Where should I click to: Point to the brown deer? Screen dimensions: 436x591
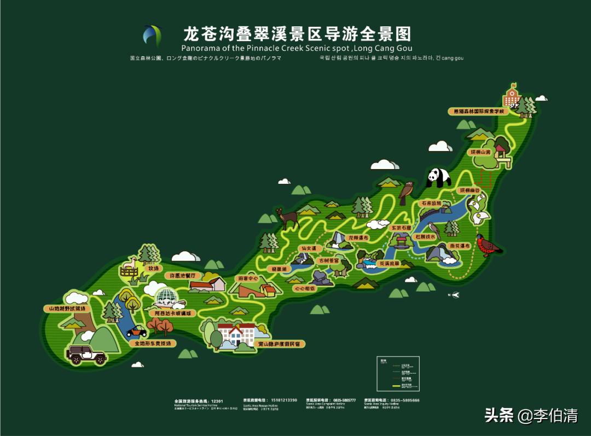[x=287, y=218]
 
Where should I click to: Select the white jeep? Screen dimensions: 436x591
[x=86, y=354]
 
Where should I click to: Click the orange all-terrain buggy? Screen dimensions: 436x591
[x=136, y=332]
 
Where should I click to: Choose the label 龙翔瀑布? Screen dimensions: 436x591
[x=358, y=238]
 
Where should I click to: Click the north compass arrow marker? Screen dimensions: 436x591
[x=454, y=295]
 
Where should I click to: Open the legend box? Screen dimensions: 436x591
[x=398, y=374]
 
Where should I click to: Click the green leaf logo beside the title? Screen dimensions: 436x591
[x=152, y=36]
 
